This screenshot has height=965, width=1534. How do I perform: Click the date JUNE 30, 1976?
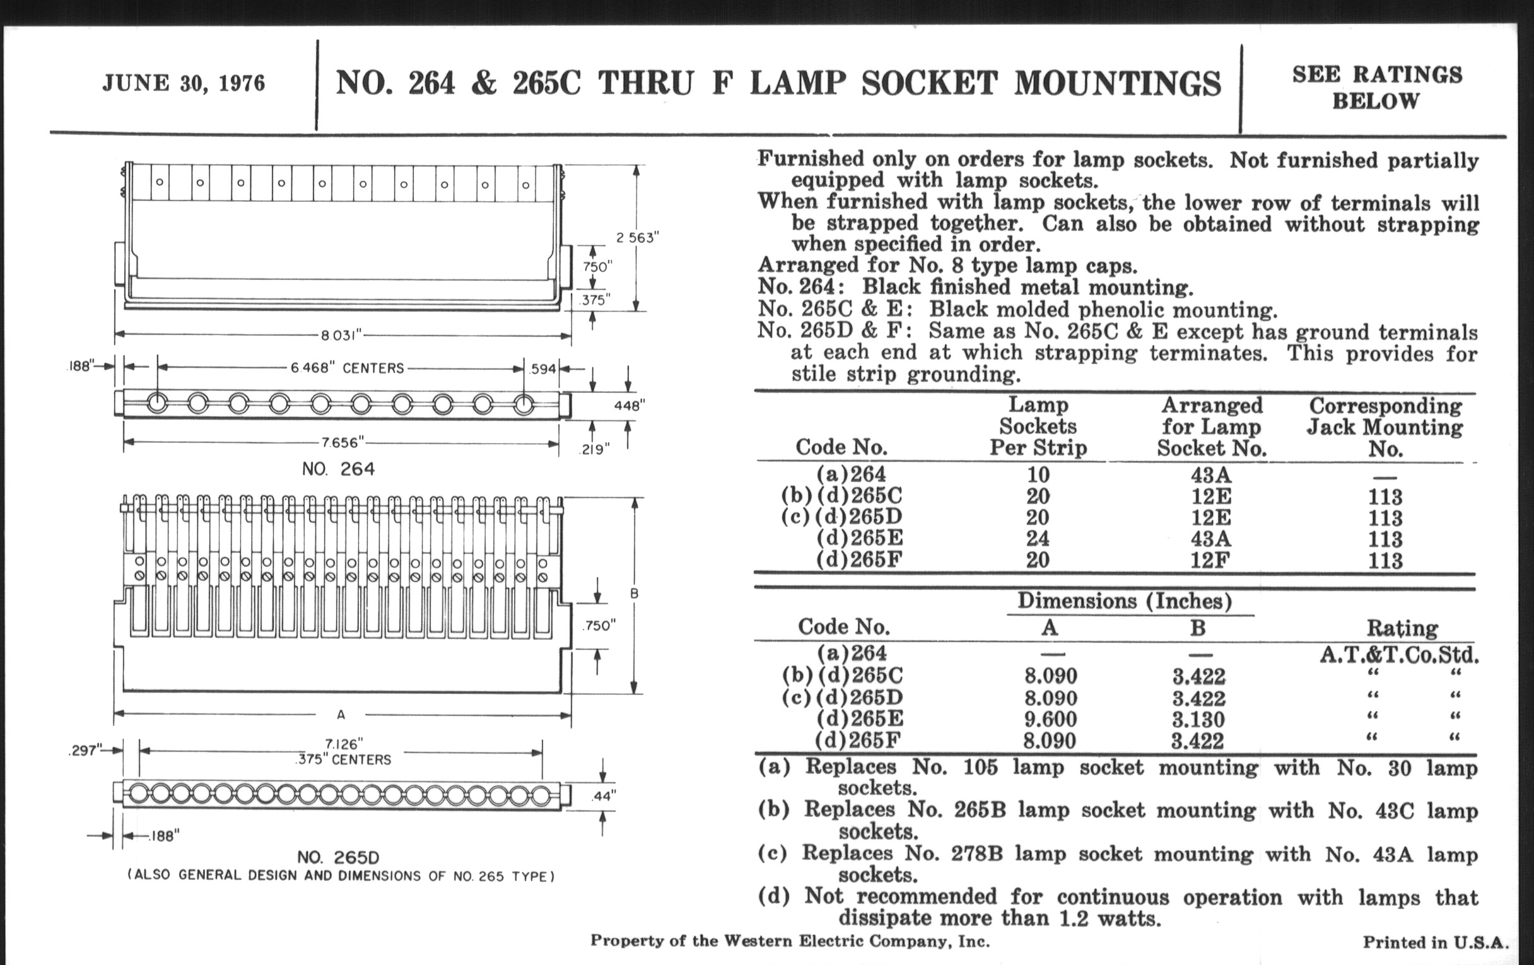pyautogui.click(x=184, y=83)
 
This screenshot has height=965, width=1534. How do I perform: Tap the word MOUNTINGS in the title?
pyautogui.click(x=1117, y=83)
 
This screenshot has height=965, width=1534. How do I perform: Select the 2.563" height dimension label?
pyautogui.click(x=636, y=238)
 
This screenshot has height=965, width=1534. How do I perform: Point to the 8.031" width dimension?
pyautogui.click(x=341, y=335)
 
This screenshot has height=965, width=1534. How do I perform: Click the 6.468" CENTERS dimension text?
pyautogui.click(x=347, y=368)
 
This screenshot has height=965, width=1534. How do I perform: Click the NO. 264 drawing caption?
pyautogui.click(x=338, y=469)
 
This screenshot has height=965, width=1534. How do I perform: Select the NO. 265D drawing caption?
pyautogui.click(x=338, y=857)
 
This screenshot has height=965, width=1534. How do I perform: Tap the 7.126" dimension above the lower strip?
pyautogui.click(x=343, y=744)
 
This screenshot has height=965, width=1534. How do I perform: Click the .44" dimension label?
pyautogui.click(x=605, y=796)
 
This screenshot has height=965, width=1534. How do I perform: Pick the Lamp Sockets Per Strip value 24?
pyautogui.click(x=1037, y=539)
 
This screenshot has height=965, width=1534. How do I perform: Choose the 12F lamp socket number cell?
pyautogui.click(x=1211, y=561)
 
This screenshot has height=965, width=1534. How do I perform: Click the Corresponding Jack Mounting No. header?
pyautogui.click(x=1385, y=427)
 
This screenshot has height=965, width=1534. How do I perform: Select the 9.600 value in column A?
pyautogui.click(x=1050, y=720)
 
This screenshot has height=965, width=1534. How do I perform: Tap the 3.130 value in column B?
pyautogui.click(x=1198, y=720)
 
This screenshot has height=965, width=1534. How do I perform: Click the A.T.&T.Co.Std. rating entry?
pyautogui.click(x=1399, y=655)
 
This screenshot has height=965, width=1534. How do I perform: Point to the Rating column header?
pyautogui.click(x=1402, y=629)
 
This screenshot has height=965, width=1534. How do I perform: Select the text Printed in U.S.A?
pyautogui.click(x=1435, y=943)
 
